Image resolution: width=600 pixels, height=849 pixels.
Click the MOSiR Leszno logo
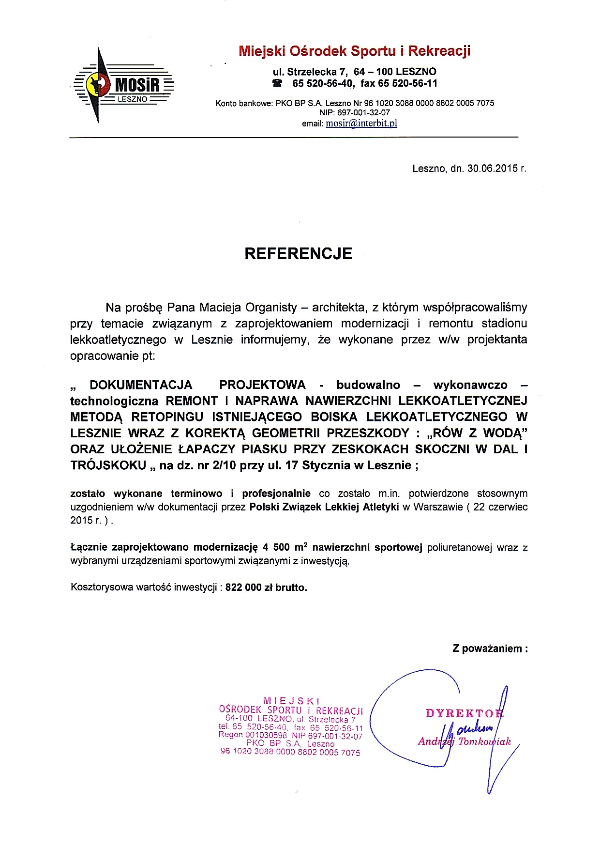pyautogui.click(x=123, y=85)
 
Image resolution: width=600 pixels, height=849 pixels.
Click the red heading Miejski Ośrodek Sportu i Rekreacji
pyautogui.click(x=354, y=51)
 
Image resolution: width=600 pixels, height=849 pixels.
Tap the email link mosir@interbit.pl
pyautogui.click(x=361, y=123)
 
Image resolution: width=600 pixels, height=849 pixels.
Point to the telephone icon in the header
pyautogui.click(x=277, y=83)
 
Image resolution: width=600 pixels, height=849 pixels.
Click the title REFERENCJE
pyautogui.click(x=298, y=253)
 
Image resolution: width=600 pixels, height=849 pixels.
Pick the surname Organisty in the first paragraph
pyautogui.click(x=271, y=308)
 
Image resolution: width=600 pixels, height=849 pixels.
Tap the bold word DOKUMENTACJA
pyautogui.click(x=141, y=385)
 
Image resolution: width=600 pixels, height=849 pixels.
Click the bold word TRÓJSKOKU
pyautogui.click(x=108, y=465)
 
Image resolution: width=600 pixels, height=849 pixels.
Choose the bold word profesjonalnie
pyautogui.click(x=276, y=494)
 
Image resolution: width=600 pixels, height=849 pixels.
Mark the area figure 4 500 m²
pyautogui.click(x=285, y=548)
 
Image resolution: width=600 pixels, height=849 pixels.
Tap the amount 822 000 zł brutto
pyautogui.click(x=266, y=587)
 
